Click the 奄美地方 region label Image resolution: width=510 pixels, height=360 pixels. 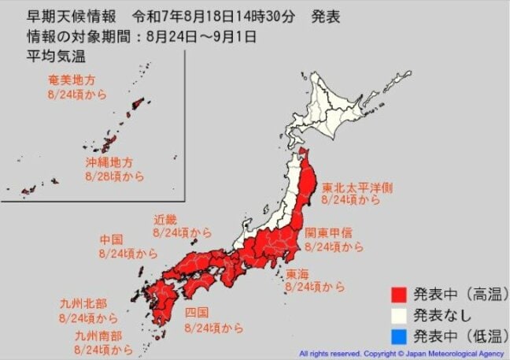(69, 80)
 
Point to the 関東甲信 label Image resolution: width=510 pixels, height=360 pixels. (328, 234)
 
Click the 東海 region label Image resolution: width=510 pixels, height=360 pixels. (297, 274)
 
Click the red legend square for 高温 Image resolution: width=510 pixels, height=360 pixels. (400, 295)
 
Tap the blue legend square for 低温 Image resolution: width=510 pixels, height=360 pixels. (400, 336)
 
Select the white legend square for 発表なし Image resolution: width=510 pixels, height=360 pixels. (400, 316)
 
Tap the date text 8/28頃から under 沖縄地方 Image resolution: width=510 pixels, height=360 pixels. (115, 176)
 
